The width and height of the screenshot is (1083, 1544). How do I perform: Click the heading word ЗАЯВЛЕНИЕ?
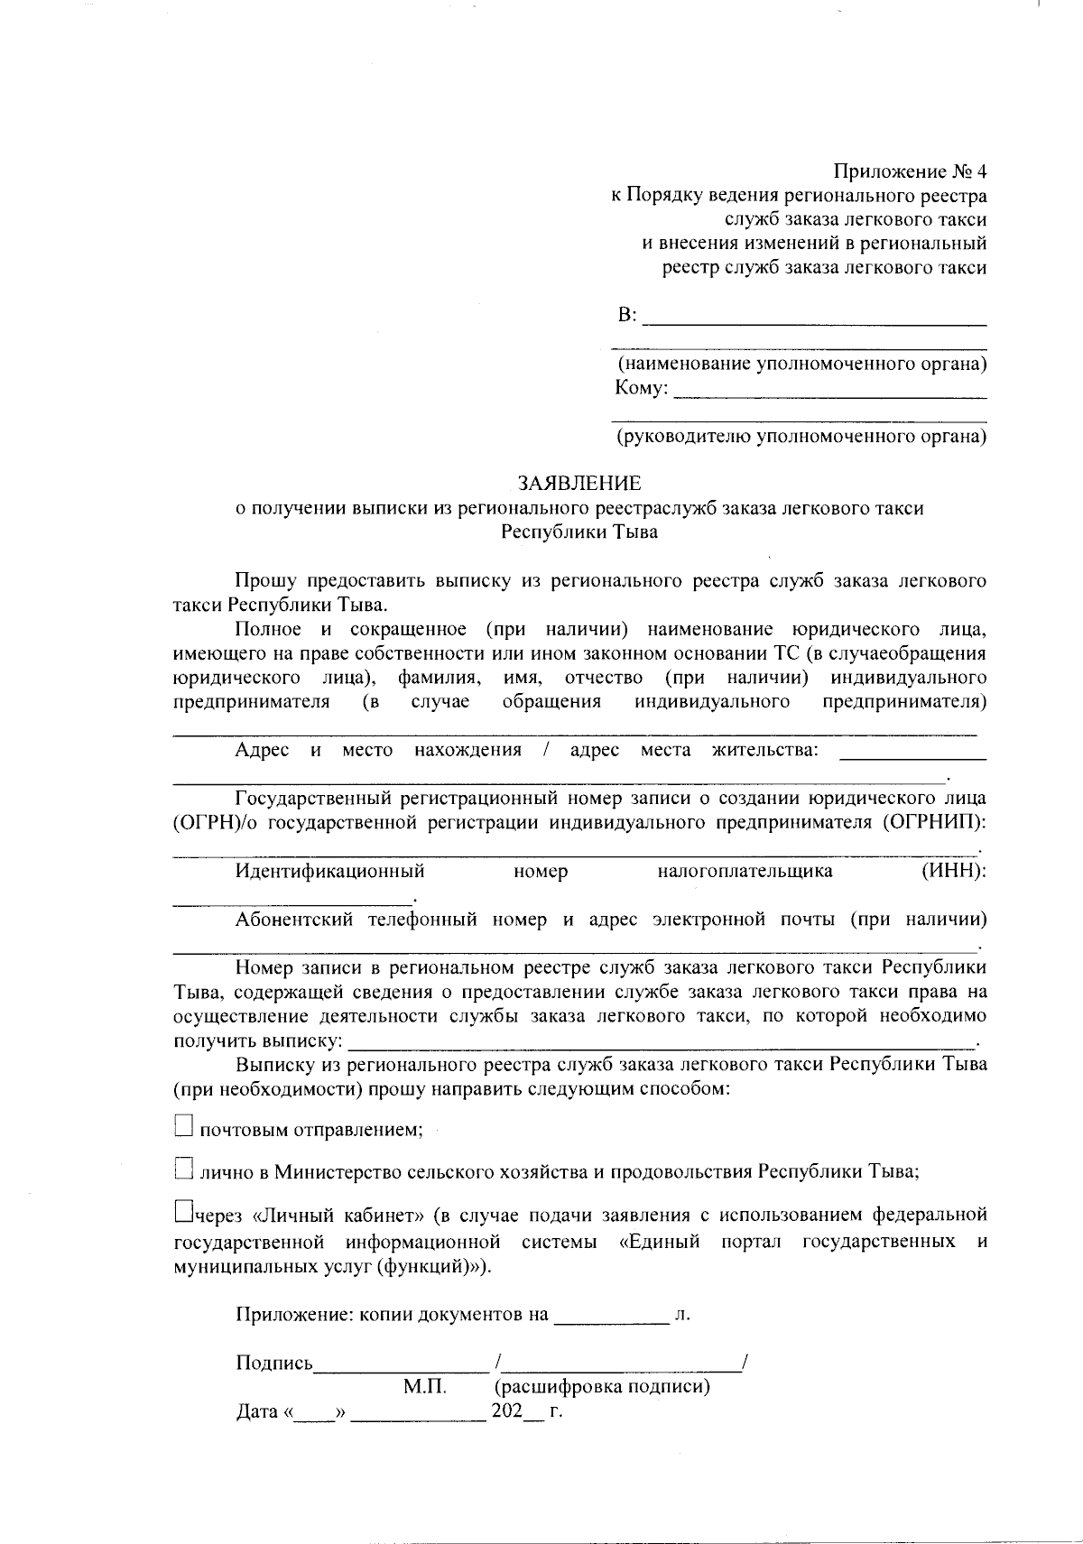[579, 484]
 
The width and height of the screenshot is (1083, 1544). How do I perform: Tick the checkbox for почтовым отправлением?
[183, 1124]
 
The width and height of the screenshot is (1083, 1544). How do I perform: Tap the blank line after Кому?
[829, 392]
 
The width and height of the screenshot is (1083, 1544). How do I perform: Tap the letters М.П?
[425, 1387]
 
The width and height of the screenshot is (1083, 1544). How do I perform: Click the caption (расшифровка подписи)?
[601, 1387]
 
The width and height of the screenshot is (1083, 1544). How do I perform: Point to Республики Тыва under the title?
[579, 532]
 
